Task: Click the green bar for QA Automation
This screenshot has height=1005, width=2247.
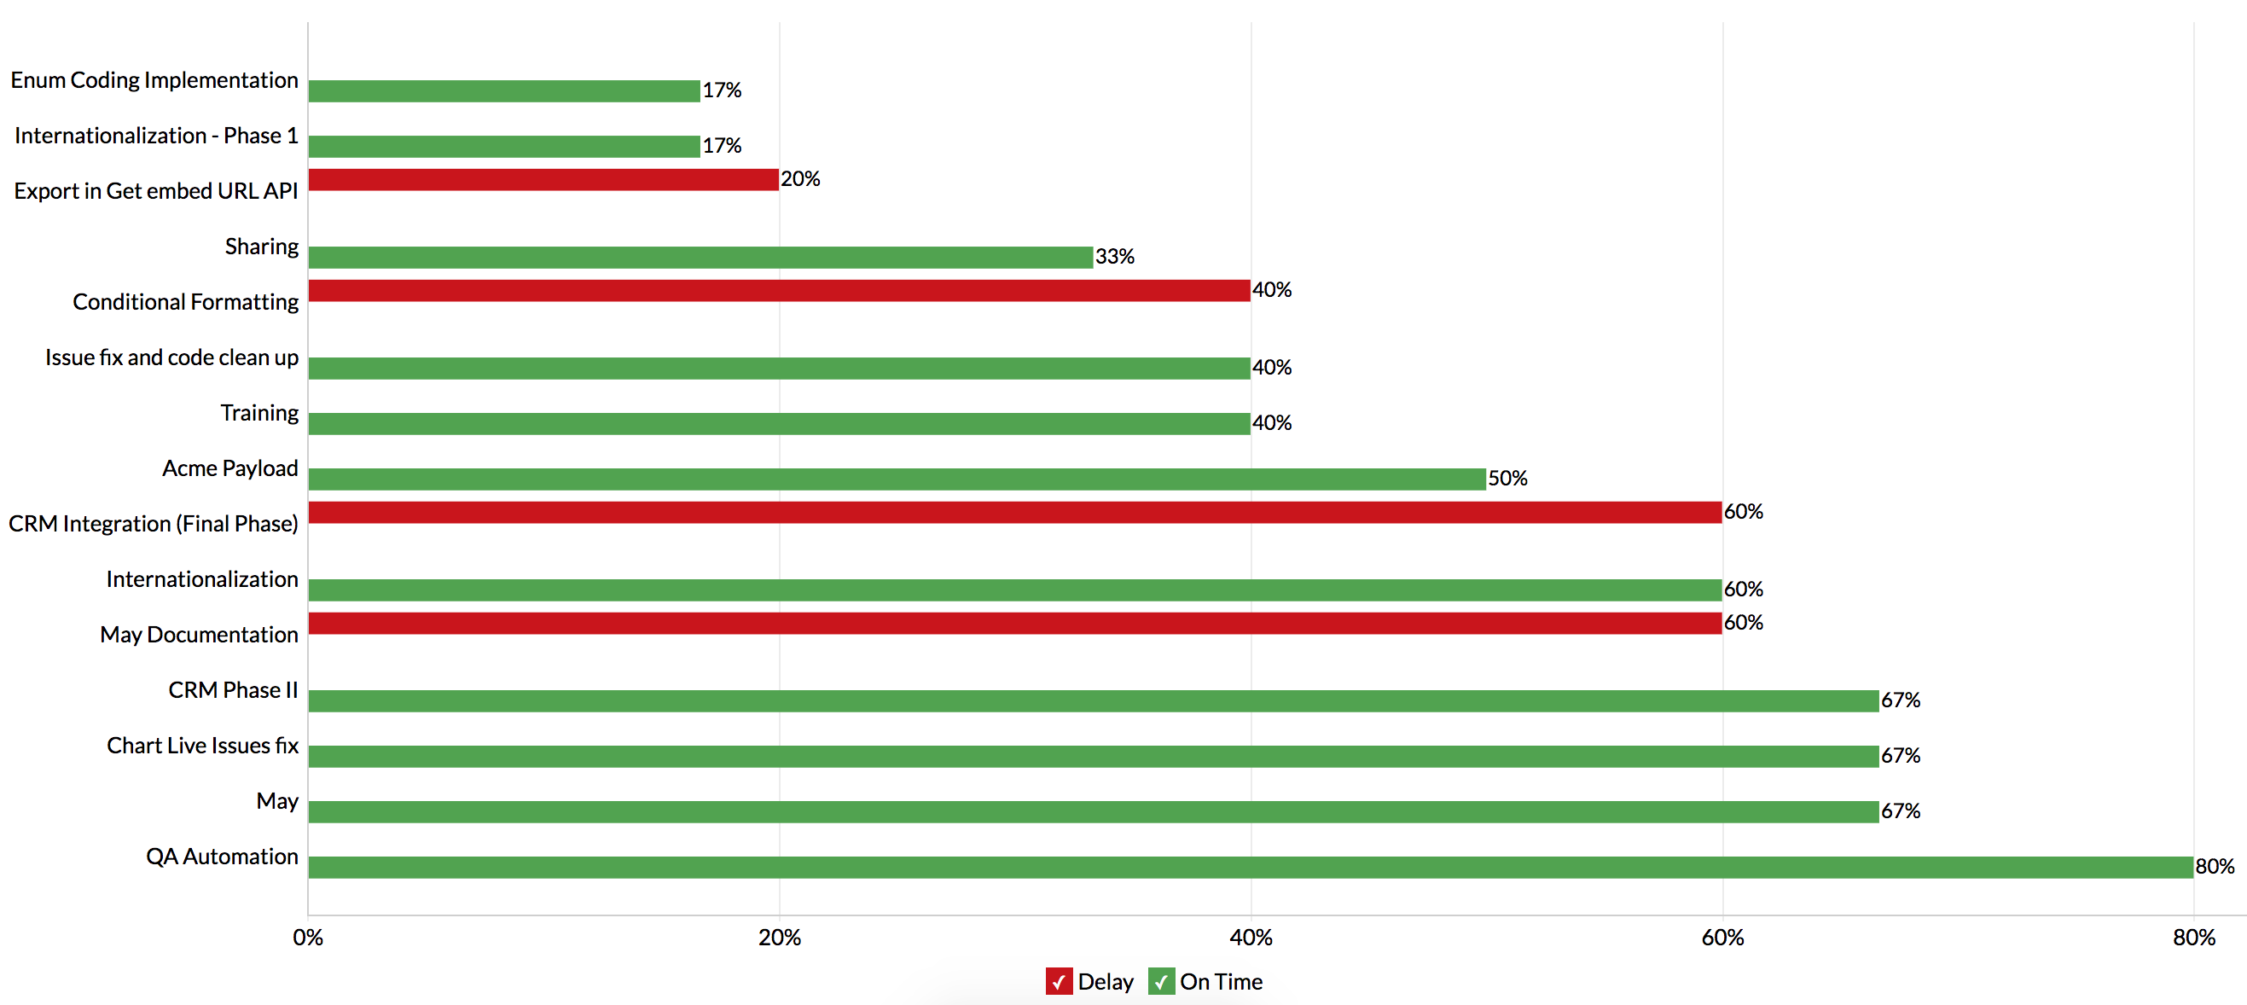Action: point(1250,867)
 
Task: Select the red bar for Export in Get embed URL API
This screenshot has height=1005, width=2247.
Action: point(543,180)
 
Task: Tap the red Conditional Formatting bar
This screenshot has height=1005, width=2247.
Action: point(779,291)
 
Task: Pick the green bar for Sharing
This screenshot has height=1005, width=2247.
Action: point(700,258)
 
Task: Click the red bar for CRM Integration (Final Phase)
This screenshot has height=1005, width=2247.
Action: point(1014,512)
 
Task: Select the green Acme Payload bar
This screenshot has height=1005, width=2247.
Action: point(897,479)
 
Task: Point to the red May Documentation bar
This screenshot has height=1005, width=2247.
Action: point(1014,623)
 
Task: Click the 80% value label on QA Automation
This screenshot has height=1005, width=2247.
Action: point(2215,866)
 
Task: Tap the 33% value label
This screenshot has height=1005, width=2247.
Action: point(1115,257)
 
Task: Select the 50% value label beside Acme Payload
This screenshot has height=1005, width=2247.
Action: point(1507,478)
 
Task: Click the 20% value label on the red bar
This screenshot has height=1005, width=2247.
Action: point(800,179)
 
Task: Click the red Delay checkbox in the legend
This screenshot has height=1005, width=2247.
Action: point(1059,981)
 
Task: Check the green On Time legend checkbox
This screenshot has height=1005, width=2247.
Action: point(1161,981)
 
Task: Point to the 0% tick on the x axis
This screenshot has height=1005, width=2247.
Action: point(308,938)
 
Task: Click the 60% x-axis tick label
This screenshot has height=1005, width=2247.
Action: point(1722,938)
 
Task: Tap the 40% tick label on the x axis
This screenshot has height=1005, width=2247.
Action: point(1251,938)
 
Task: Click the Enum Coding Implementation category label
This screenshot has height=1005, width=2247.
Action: point(154,80)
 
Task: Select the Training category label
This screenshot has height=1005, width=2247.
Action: point(259,413)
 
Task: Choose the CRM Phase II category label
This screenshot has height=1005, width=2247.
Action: point(233,690)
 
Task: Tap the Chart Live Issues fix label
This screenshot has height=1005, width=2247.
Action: point(202,746)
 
